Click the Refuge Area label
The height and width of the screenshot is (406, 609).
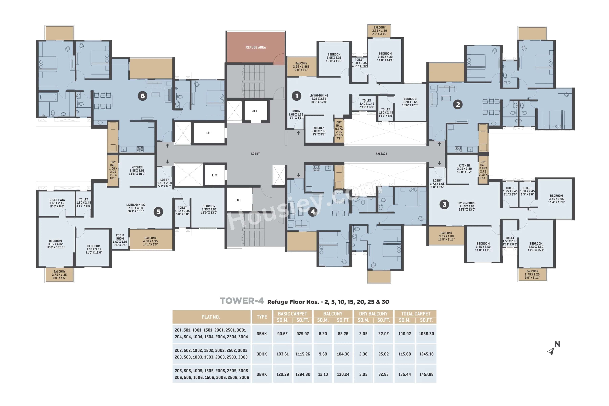[x=256, y=47]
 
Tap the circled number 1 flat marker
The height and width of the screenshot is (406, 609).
[x=297, y=96]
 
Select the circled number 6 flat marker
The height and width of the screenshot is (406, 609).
[x=142, y=96]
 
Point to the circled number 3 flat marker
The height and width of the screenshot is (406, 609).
[x=444, y=205]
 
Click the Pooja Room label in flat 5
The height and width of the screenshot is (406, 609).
[x=120, y=240]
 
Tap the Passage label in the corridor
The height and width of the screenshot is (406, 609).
[x=381, y=154]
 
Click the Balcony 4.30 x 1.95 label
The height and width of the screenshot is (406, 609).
[x=150, y=241]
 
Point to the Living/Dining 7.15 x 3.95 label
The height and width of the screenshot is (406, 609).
[x=467, y=206]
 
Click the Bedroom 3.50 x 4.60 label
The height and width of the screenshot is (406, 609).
[x=536, y=247]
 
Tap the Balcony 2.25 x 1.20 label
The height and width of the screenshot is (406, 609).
[x=379, y=31]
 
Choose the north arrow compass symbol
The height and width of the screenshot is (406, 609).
[x=552, y=349]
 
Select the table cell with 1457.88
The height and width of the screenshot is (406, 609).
[x=426, y=374]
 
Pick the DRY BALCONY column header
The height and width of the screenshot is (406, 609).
[x=373, y=314]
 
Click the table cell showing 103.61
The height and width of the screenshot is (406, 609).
[x=283, y=354]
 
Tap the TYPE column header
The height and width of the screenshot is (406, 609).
[x=262, y=317]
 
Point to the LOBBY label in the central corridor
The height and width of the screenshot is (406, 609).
[x=255, y=154]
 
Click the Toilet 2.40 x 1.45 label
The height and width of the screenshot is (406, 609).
[x=366, y=104]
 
